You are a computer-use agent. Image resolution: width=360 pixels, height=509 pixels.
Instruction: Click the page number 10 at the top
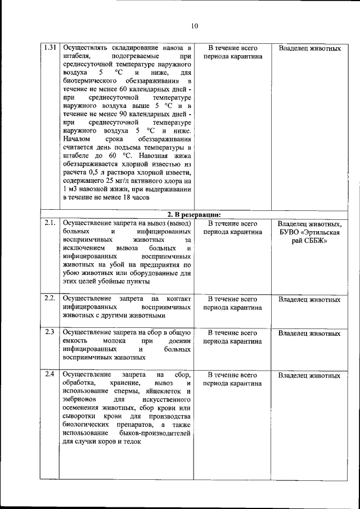(x=194, y=26)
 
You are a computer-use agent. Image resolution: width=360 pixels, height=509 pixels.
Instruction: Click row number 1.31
(x=49, y=48)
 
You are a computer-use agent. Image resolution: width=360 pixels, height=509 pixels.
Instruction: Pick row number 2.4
(x=49, y=374)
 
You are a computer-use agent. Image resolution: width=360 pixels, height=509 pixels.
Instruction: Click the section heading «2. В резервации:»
(x=193, y=214)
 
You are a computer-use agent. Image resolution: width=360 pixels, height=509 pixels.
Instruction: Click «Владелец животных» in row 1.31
(x=309, y=49)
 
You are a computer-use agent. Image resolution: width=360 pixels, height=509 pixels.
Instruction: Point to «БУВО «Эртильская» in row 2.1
(x=309, y=232)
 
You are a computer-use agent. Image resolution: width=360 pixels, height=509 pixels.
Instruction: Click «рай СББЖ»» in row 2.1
(x=309, y=241)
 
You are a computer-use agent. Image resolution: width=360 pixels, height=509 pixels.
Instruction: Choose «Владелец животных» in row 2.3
(x=309, y=333)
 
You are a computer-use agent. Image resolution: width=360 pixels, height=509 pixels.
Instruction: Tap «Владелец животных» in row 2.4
(x=309, y=375)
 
